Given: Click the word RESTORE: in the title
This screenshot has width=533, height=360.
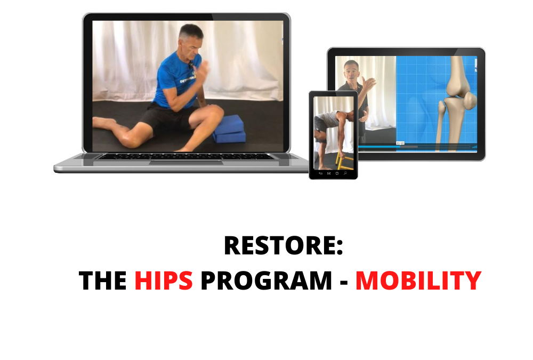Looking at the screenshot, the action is [x=283, y=246].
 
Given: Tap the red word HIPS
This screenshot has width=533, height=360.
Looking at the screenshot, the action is [x=164, y=281].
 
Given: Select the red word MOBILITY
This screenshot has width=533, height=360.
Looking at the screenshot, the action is [x=418, y=281].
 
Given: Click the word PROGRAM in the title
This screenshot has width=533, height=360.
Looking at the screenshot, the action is [x=266, y=281].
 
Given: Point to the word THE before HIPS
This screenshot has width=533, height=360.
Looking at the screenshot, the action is [x=103, y=281].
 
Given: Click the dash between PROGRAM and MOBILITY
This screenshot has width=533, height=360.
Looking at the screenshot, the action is [x=344, y=283].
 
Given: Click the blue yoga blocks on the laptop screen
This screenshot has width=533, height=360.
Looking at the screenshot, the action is [x=229, y=129].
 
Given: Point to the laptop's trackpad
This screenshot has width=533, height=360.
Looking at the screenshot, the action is [x=186, y=163].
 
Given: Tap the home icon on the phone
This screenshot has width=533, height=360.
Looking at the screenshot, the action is [x=337, y=173].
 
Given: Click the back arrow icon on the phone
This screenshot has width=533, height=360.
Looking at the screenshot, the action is [x=320, y=173].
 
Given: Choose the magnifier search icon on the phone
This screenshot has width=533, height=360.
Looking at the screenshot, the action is [x=345, y=173].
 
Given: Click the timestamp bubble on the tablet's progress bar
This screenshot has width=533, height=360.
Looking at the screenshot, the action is [x=400, y=143].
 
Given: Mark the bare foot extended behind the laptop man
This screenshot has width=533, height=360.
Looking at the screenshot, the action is [x=104, y=123].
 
